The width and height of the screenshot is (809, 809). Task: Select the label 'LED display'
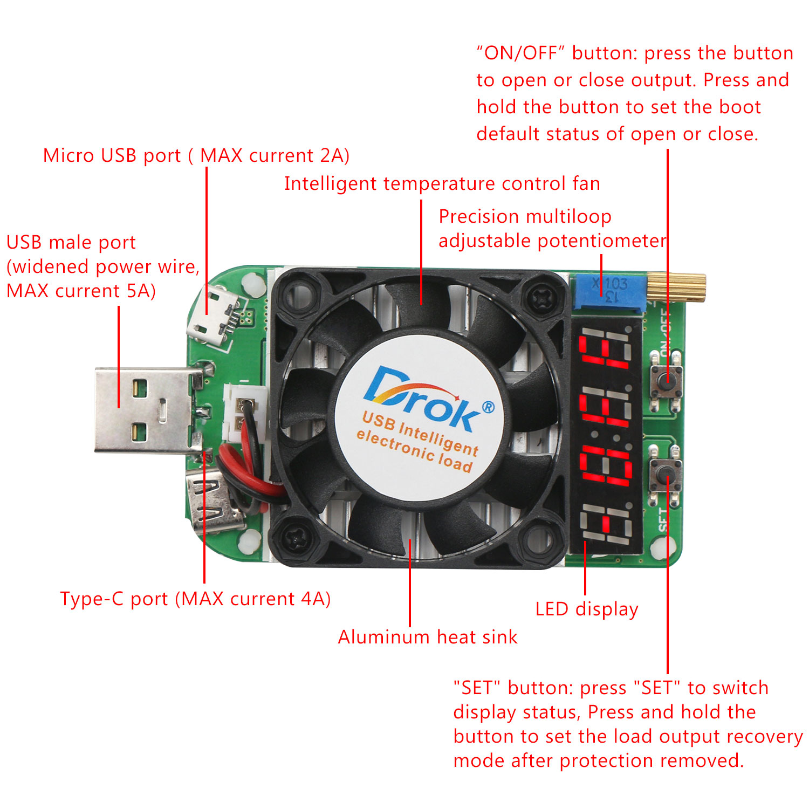coord(586,609)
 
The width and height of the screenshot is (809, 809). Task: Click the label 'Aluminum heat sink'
coord(427,637)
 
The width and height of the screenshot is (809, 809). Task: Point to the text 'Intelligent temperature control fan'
coord(442,183)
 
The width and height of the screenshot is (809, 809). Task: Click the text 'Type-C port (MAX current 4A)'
coord(195,599)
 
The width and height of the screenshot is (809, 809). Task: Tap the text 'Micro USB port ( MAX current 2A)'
coord(196,155)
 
